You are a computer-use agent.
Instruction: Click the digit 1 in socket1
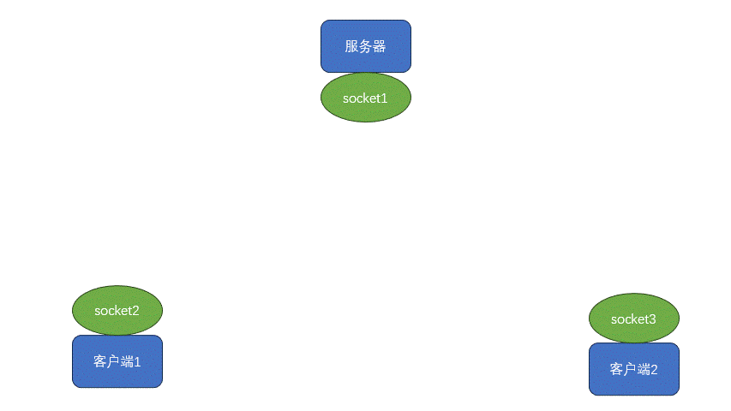tap(384, 98)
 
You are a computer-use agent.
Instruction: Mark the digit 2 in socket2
tap(135, 311)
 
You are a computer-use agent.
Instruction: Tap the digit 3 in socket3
tap(652, 319)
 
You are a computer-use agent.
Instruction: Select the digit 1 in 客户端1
tap(137, 362)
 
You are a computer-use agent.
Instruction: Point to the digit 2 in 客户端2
tap(654, 370)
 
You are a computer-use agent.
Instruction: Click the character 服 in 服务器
tap(351, 46)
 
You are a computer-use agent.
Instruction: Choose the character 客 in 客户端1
tap(100, 362)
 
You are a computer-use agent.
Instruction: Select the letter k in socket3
tap(632, 319)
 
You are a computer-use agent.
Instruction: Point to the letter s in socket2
tap(98, 311)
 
